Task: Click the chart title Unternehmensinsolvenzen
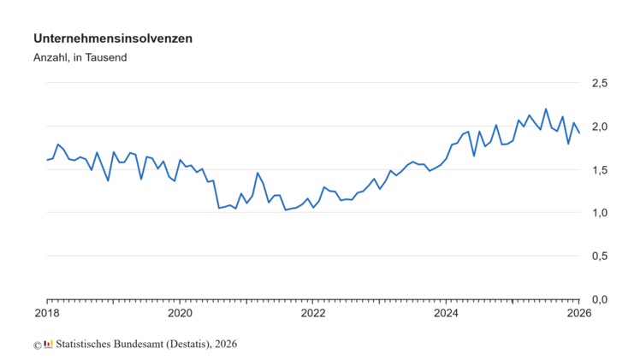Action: (112, 38)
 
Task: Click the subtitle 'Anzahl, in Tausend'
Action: (80, 58)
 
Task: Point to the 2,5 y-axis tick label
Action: (600, 83)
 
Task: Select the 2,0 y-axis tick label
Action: (600, 127)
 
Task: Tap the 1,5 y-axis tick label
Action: (600, 170)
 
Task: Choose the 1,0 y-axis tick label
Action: (600, 213)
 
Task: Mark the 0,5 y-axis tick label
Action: (600, 257)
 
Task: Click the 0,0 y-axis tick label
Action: (600, 300)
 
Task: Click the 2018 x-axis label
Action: (47, 313)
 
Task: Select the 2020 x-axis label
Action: (180, 313)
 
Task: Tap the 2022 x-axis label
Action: (313, 313)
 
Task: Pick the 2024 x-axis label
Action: (446, 313)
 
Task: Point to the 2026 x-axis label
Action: (578, 313)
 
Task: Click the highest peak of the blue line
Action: (546, 109)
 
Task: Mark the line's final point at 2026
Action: (579, 133)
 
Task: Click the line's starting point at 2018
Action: (47, 160)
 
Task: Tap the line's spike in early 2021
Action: (258, 173)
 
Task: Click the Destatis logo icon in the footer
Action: (48, 344)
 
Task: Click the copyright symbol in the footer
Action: (37, 345)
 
